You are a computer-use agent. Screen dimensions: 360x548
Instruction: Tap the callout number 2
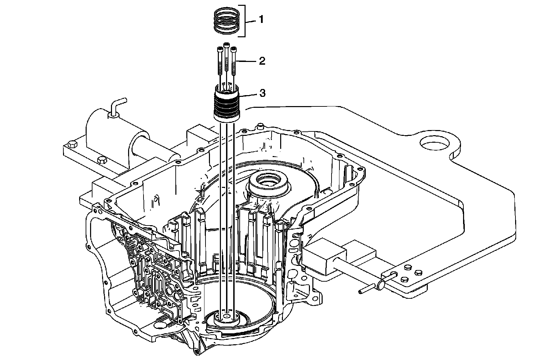click(262, 61)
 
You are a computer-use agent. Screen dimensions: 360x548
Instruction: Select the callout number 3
click(262, 93)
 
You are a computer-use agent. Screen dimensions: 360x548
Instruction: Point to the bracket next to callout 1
click(244, 21)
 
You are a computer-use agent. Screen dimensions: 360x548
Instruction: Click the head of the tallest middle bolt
click(226, 45)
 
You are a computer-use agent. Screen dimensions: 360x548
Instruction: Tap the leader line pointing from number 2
click(246, 61)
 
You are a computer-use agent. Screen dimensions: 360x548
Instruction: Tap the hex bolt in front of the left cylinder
click(102, 161)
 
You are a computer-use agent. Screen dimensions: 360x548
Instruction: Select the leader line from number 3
click(248, 94)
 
